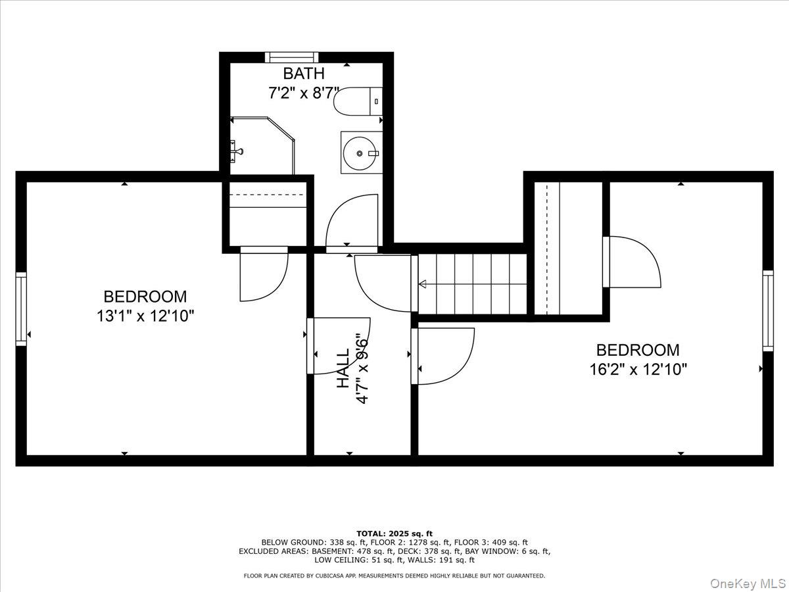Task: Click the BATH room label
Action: pos(304,73)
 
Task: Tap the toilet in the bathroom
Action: pos(358,101)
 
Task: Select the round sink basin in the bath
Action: pos(360,153)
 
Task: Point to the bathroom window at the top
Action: pos(292,57)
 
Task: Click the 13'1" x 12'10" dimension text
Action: pos(145,316)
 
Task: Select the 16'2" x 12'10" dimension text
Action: pos(638,369)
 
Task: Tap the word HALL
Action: pos(343,368)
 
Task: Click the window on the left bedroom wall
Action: pos(21,308)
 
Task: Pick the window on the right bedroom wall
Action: pos(768,310)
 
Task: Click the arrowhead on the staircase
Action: pos(422,285)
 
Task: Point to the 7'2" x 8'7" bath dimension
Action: pos(304,93)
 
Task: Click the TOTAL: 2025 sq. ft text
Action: pos(394,533)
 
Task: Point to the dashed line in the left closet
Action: pos(268,195)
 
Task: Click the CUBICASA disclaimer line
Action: pos(394,576)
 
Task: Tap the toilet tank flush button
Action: pos(376,101)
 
